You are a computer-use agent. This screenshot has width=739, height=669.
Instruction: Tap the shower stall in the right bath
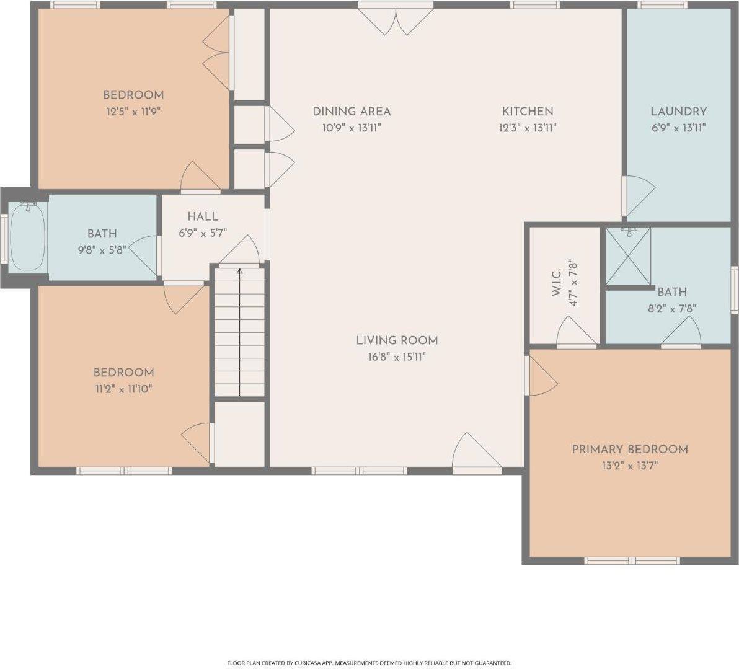627,256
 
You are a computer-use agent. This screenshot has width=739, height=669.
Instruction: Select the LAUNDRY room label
678,112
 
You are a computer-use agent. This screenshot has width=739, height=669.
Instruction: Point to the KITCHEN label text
527,112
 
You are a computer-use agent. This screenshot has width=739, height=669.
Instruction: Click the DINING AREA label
352,112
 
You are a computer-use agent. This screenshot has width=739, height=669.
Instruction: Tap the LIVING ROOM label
397,340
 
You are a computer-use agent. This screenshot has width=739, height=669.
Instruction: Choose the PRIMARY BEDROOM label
629,450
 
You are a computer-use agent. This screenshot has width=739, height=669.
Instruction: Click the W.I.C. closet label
556,283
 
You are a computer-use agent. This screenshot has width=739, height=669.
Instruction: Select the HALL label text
203,216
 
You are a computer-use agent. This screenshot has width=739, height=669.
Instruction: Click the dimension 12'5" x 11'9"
133,112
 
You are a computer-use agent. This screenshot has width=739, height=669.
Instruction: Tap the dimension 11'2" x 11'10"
123,389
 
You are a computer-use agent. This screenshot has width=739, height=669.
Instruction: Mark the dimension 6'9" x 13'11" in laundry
678,128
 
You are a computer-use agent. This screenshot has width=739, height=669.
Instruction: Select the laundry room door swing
639,195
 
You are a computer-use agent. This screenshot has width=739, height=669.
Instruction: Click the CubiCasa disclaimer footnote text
369,663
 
